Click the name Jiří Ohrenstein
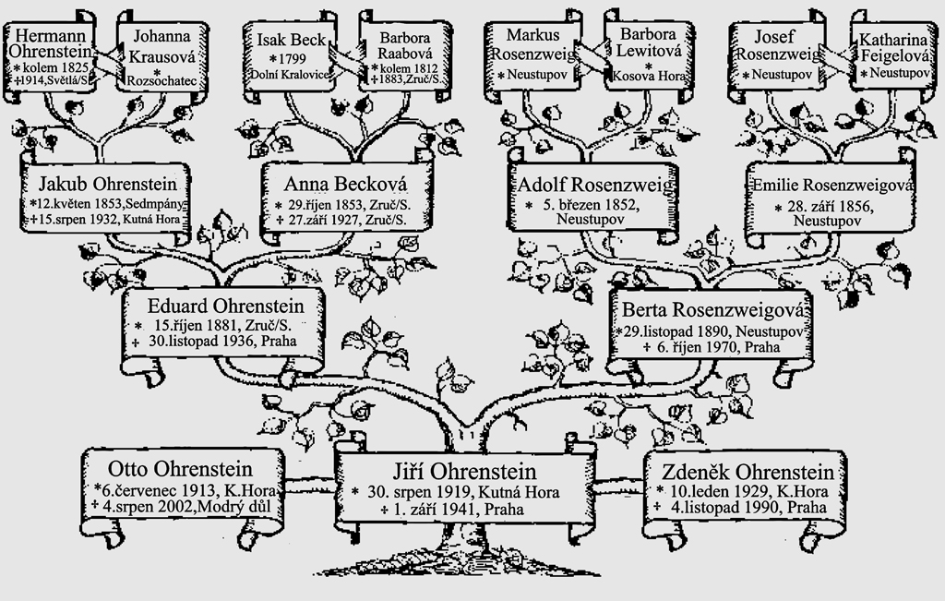click(461, 469)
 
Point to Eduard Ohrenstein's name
click(224, 305)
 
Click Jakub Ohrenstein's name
click(106, 181)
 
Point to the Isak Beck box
click(290, 55)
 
